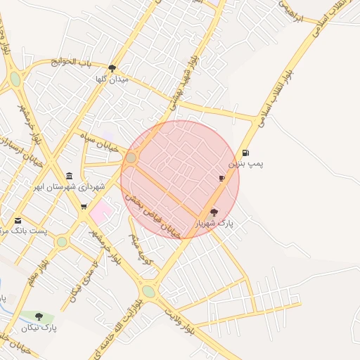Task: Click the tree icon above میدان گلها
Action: (x=112, y=69)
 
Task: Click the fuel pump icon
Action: (x=245, y=153)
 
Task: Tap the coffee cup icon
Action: (x=222, y=179)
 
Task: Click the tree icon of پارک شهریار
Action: (x=214, y=212)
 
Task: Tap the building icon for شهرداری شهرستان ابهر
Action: (x=69, y=176)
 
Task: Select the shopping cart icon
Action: (x=84, y=206)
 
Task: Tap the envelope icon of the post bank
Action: (x=18, y=220)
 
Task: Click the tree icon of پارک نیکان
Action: (x=39, y=316)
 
